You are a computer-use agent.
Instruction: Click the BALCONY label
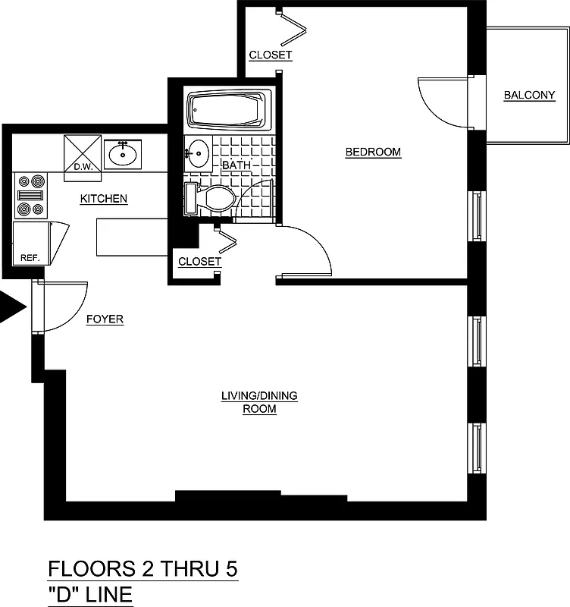[529, 95]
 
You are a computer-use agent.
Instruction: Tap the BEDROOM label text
[373, 152]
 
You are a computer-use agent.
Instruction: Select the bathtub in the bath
[229, 111]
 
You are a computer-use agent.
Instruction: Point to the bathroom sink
[198, 153]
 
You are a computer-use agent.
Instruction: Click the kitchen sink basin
[122, 155]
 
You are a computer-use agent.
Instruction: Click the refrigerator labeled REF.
[30, 243]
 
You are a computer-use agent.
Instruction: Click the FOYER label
[105, 319]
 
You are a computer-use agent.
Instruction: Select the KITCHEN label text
[104, 199]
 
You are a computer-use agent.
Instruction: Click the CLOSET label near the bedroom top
[271, 55]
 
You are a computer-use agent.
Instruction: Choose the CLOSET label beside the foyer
[199, 262]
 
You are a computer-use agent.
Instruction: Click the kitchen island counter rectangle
[131, 237]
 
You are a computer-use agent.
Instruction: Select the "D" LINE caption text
[90, 593]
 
